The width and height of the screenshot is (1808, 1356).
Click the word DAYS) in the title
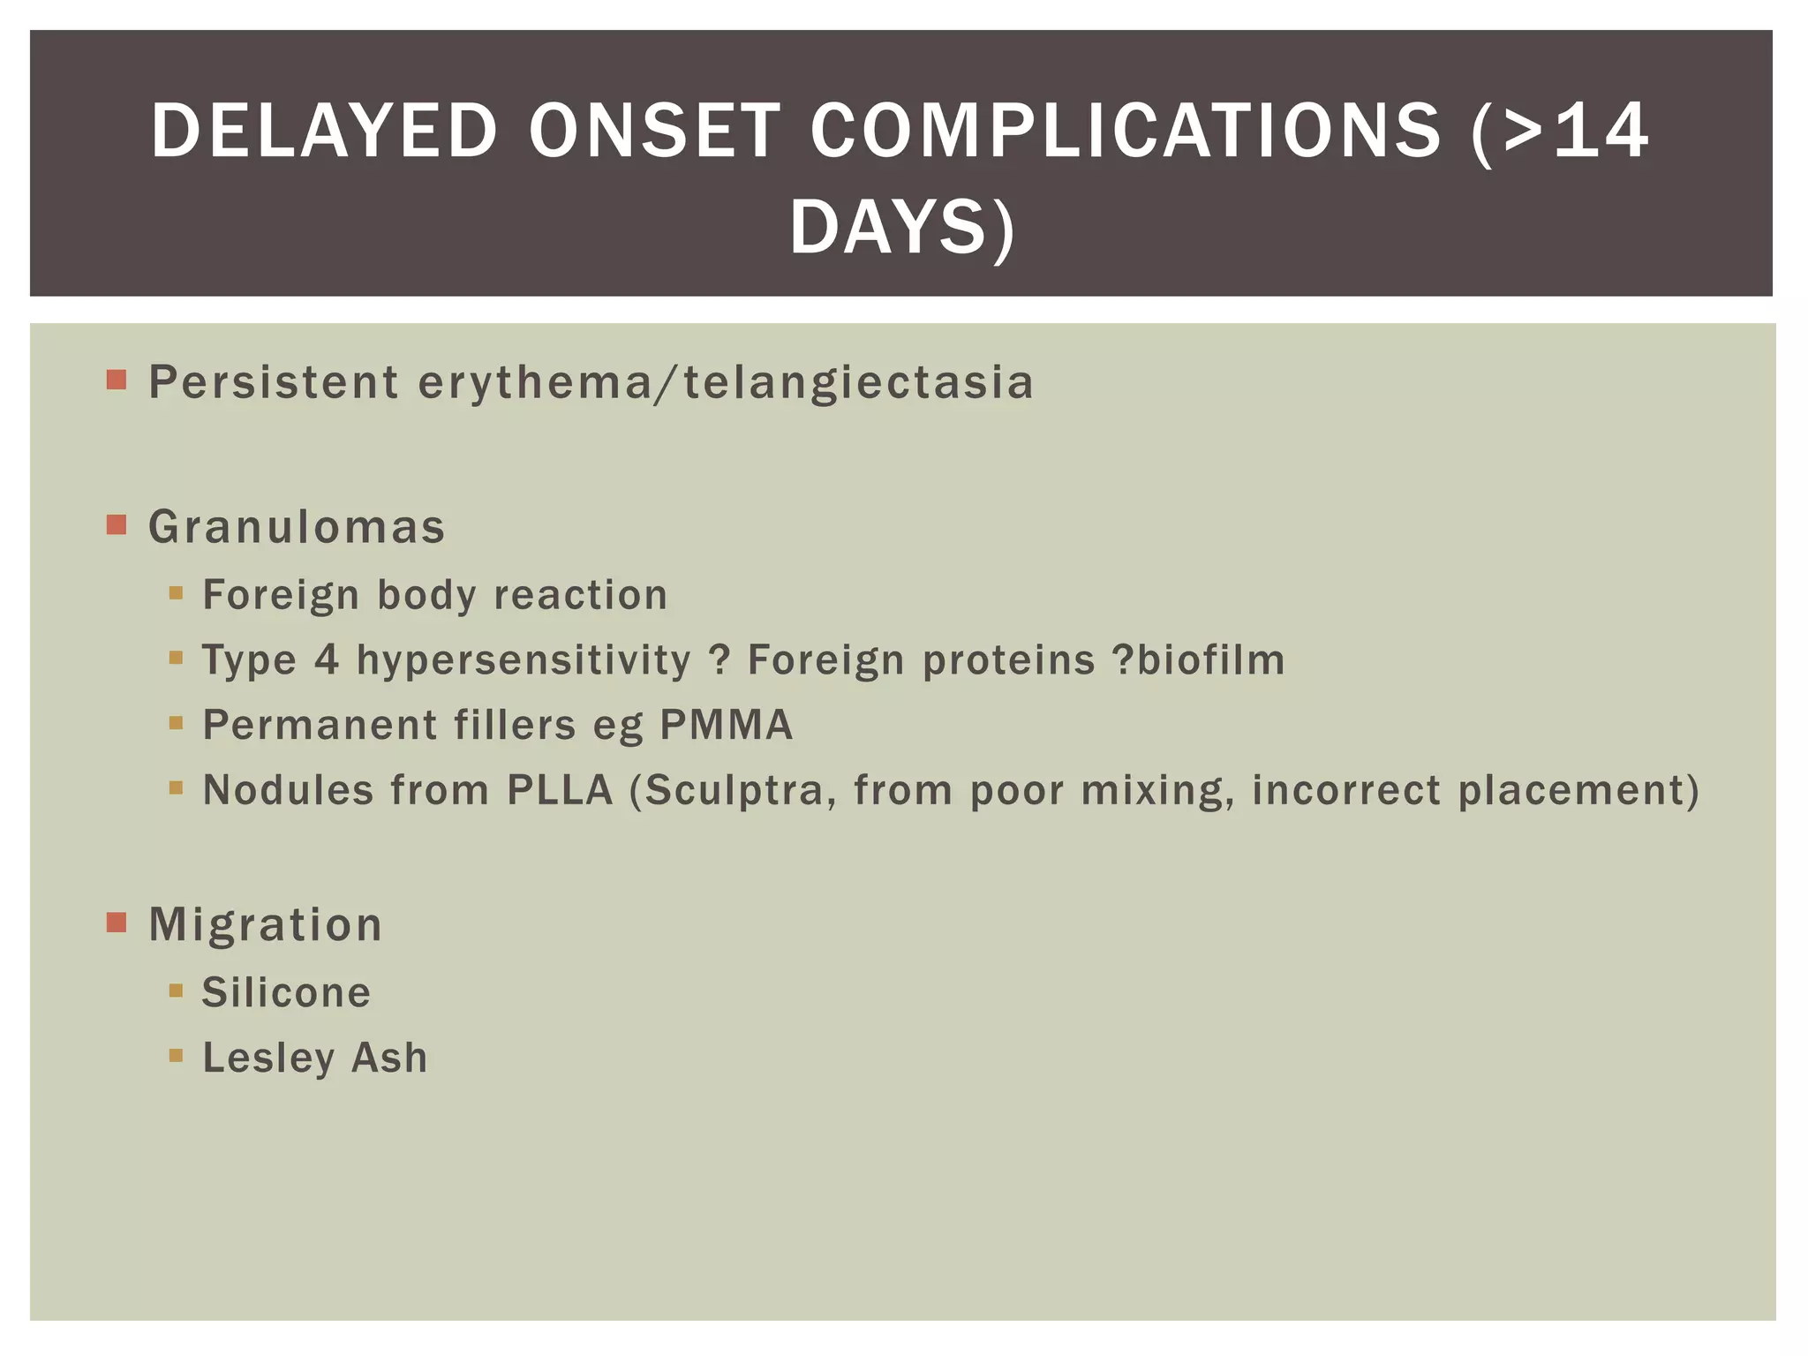pyautogui.click(x=902, y=228)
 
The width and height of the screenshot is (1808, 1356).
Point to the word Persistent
pyautogui.click(x=274, y=382)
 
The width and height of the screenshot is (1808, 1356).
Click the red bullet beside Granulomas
pyautogui.click(x=117, y=525)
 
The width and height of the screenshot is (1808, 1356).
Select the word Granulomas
pyautogui.click(x=297, y=527)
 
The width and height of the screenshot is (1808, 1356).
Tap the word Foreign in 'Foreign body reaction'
pyautogui.click(x=281, y=595)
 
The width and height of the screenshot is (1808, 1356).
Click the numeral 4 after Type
pyautogui.click(x=327, y=659)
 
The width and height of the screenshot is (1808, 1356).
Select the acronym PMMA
pyautogui.click(x=726, y=725)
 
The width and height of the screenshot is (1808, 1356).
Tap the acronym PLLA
pyautogui.click(x=560, y=790)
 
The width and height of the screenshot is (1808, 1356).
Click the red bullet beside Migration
pyautogui.click(x=117, y=923)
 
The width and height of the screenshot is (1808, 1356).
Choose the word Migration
pyautogui.click(x=265, y=925)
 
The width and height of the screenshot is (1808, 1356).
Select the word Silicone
pyautogui.click(x=286, y=992)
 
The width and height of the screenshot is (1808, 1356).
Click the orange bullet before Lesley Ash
pyautogui.click(x=176, y=1055)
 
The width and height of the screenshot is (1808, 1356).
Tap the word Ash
pyautogui.click(x=389, y=1058)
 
